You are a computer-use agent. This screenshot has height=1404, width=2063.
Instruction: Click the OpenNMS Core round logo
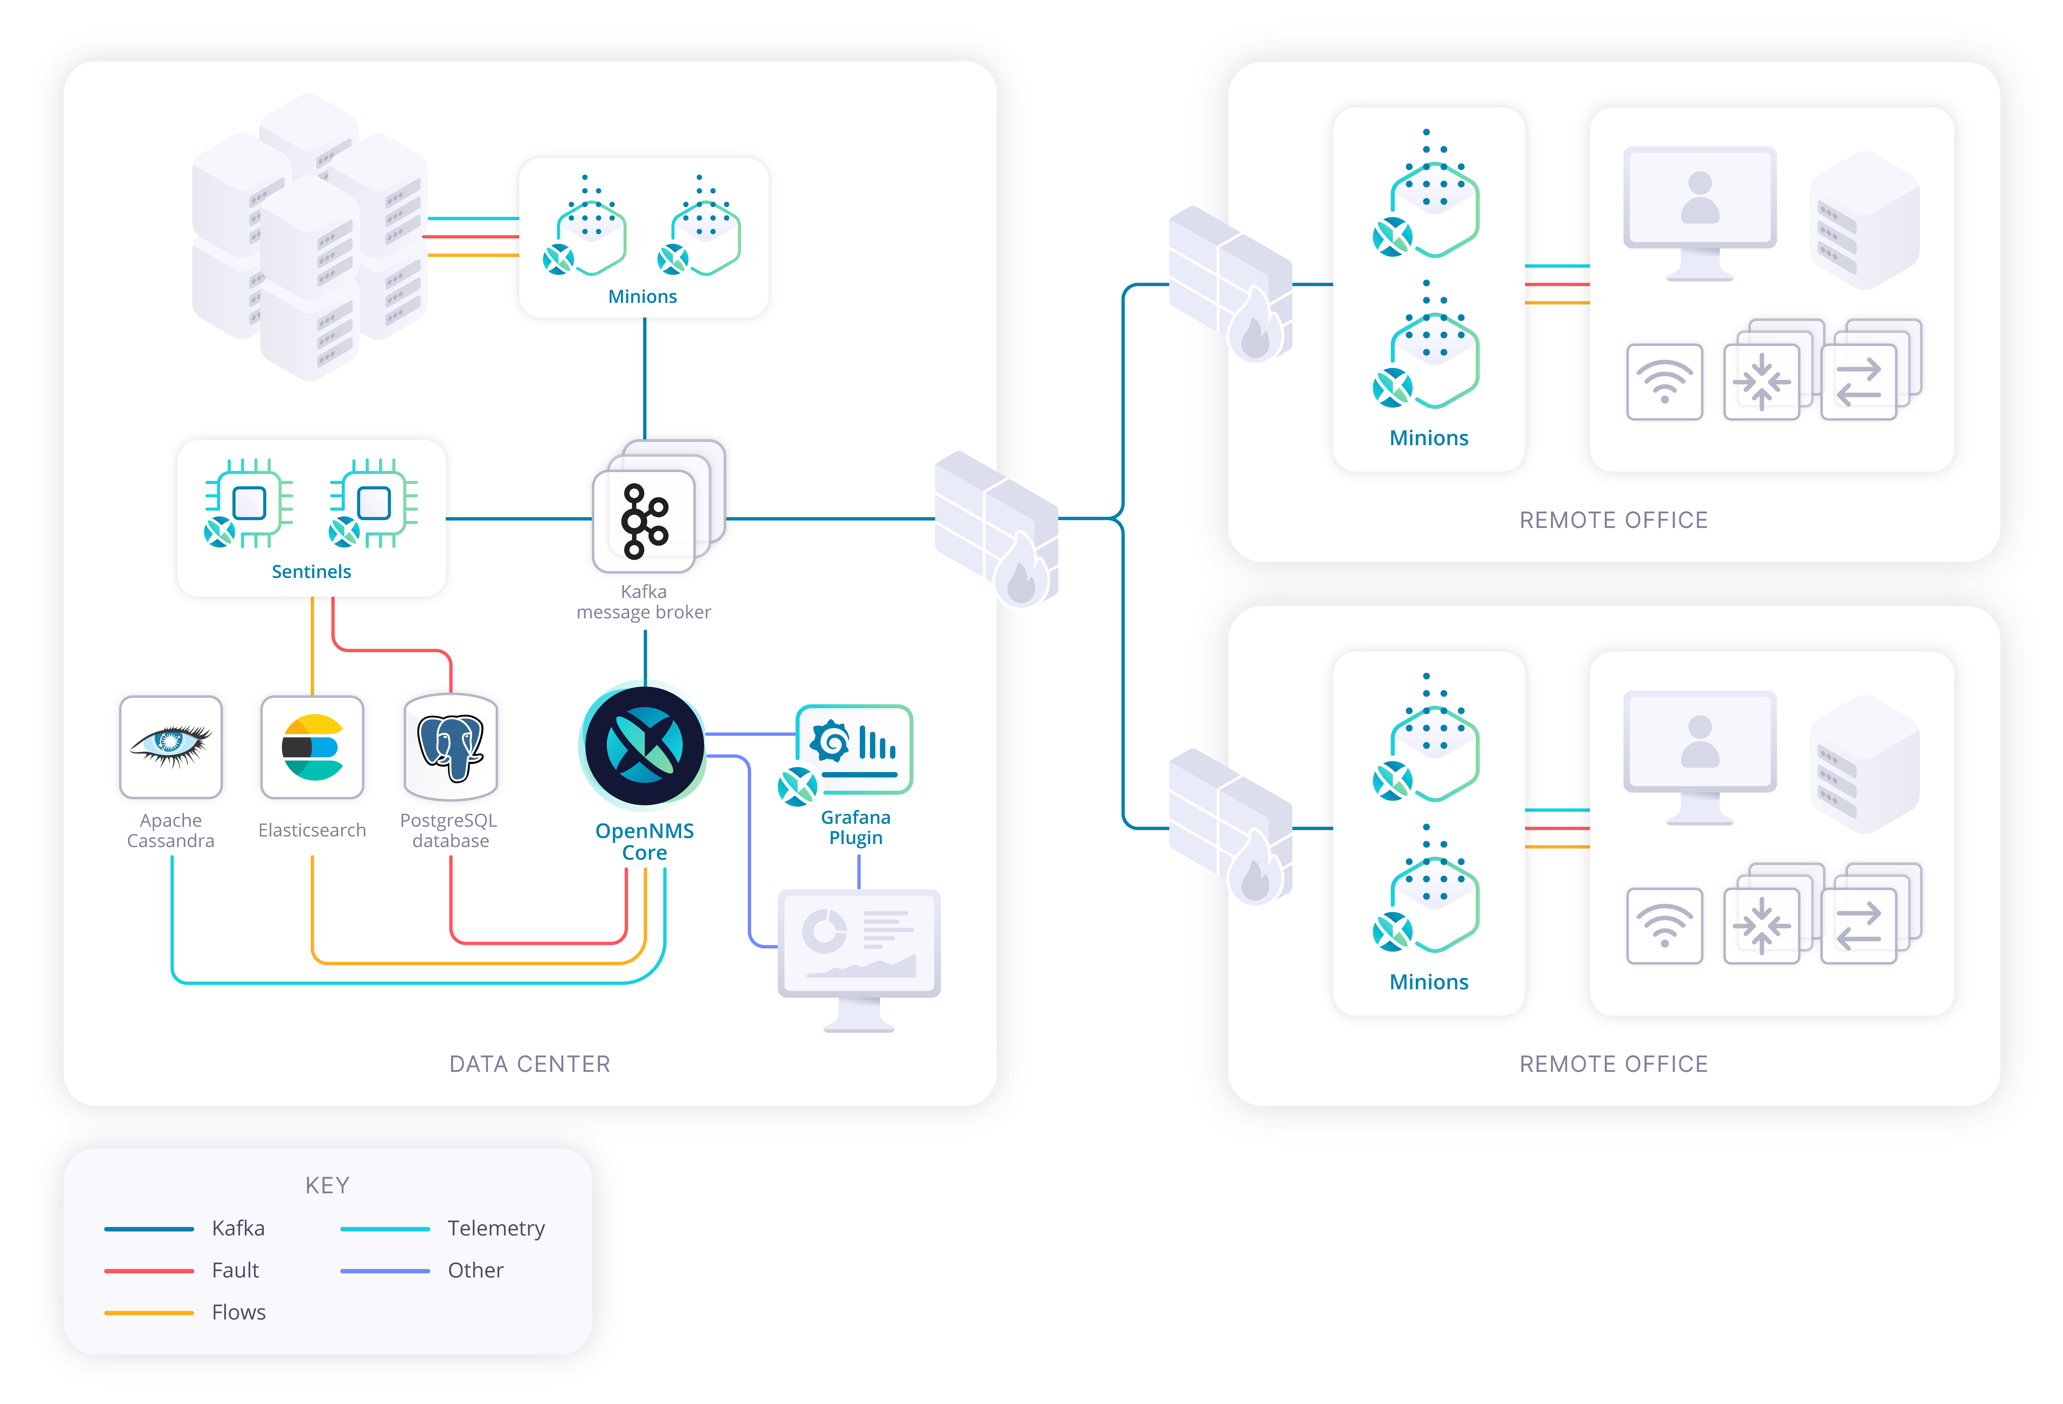pos(645,745)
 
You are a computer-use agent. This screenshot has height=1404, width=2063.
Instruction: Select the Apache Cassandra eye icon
pos(170,745)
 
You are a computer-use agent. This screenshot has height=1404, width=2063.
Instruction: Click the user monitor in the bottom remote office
pos(1699,754)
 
